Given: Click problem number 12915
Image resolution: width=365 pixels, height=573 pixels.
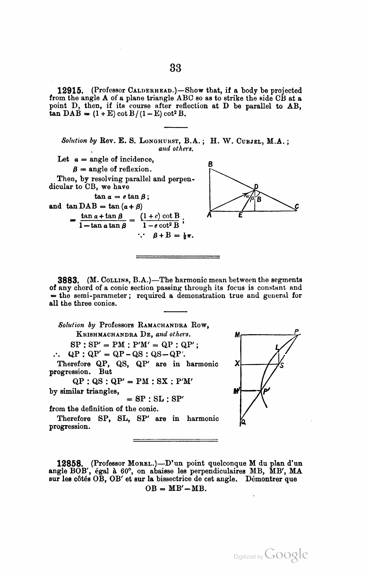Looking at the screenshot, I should click(x=70, y=91).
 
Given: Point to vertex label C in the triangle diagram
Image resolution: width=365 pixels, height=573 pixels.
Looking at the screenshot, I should click(x=297, y=206).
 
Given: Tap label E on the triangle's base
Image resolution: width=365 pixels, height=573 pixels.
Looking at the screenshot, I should click(x=240, y=215).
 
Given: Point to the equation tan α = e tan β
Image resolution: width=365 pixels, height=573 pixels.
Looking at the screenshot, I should click(x=122, y=197).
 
